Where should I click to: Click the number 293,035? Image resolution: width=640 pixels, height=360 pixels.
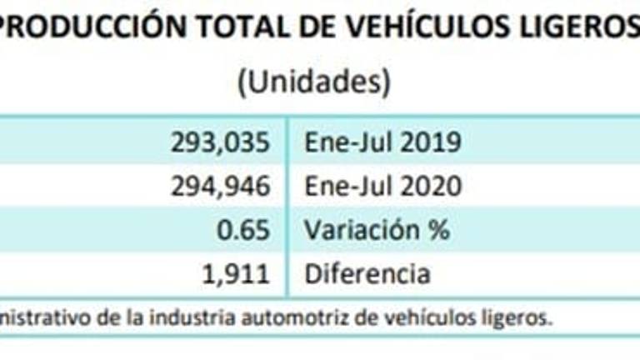pyautogui.click(x=218, y=142)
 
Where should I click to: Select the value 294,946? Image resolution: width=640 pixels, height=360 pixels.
pyautogui.click(x=218, y=186)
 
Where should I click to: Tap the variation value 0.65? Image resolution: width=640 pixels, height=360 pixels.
pyautogui.click(x=247, y=229)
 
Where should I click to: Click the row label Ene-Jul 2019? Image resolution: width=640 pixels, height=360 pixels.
pyautogui.click(x=382, y=142)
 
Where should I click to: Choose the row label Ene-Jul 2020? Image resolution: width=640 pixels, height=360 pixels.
pyautogui.click(x=382, y=186)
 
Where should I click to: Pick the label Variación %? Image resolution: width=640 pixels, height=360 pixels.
pyautogui.click(x=377, y=229)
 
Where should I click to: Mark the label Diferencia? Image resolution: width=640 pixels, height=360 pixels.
pyautogui.click(x=367, y=272)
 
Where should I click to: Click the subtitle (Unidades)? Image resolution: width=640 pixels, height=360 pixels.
pyautogui.click(x=314, y=82)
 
